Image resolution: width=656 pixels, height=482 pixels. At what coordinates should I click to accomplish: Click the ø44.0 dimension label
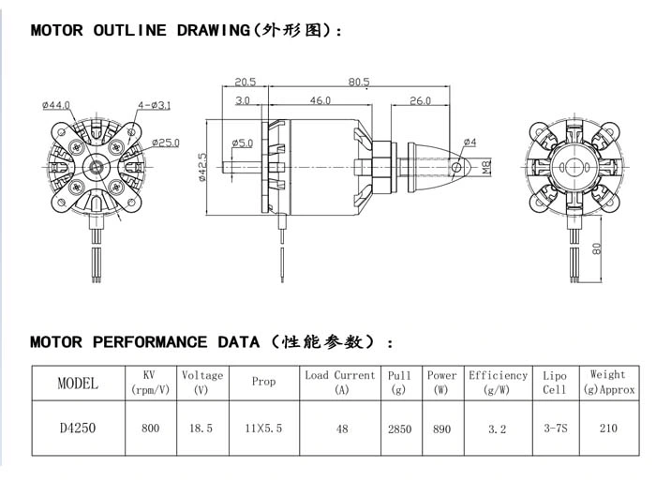click(56, 105)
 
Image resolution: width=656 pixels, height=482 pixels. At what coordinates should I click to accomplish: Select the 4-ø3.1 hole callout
click(155, 105)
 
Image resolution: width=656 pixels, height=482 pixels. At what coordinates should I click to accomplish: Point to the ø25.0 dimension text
click(166, 143)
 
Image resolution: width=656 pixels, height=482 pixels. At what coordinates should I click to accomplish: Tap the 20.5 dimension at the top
click(246, 82)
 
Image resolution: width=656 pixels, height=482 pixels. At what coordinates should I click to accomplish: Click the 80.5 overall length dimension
click(359, 82)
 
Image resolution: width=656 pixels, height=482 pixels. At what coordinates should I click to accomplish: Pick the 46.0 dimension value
click(321, 100)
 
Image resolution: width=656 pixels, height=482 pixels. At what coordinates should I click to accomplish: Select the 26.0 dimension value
click(420, 100)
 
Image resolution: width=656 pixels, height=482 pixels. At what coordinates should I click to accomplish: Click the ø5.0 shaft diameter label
click(243, 143)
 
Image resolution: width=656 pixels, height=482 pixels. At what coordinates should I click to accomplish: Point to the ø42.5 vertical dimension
click(202, 167)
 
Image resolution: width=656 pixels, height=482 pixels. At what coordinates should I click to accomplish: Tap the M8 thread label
click(486, 168)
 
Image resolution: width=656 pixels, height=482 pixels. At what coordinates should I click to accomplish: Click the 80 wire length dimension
click(597, 249)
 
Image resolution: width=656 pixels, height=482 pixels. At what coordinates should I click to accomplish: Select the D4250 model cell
click(78, 428)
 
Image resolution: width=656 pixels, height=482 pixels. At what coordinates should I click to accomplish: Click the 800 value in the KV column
click(150, 428)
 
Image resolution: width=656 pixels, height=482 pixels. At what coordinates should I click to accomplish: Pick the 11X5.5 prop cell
click(263, 428)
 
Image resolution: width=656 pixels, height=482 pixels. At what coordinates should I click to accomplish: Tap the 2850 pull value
click(399, 429)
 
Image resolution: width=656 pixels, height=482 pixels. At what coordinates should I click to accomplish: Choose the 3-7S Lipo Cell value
click(556, 428)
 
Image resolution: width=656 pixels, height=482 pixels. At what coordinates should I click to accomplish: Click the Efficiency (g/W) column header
click(498, 383)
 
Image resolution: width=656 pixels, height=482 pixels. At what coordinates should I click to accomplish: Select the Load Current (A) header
click(339, 383)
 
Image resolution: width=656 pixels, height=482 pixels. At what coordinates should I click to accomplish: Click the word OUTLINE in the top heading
click(129, 30)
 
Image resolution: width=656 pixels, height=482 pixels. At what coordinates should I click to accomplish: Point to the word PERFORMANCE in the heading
click(150, 342)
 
